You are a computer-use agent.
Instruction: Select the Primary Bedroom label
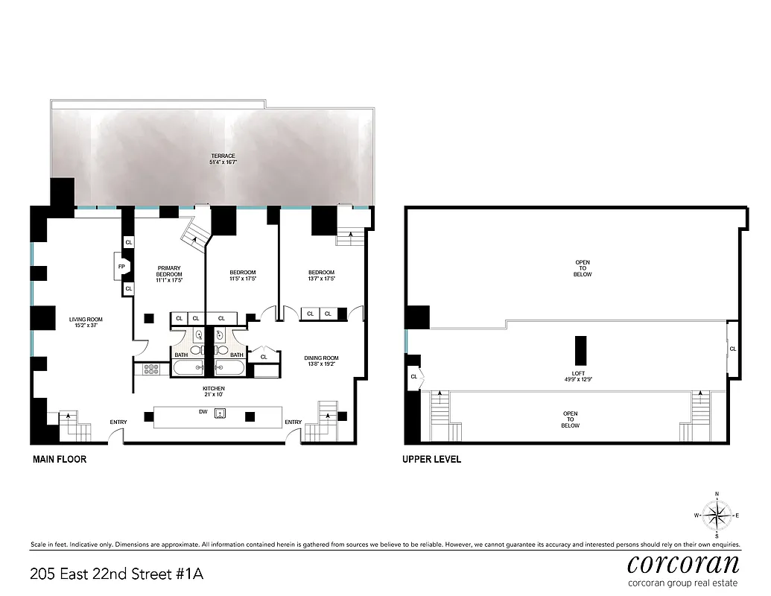click(169, 273)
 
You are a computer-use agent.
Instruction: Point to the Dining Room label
click(322, 361)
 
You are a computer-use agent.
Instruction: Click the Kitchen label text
click(213, 392)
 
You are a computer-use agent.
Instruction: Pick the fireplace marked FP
click(121, 264)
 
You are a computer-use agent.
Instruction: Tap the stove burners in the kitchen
click(152, 368)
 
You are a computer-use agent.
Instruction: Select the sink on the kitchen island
click(220, 414)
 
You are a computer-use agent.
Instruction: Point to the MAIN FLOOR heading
click(60, 460)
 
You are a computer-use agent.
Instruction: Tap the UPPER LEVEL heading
click(431, 460)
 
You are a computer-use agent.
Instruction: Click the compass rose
click(717, 515)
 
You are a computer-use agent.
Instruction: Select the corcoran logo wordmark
click(683, 563)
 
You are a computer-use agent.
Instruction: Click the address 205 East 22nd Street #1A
click(116, 574)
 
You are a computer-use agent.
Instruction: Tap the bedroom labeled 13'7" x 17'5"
click(322, 276)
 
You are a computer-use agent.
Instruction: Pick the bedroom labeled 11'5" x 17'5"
click(242, 276)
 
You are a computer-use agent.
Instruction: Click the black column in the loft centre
click(580, 350)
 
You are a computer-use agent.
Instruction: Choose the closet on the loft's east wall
click(733, 349)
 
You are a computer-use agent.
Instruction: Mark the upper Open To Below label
click(583, 268)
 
